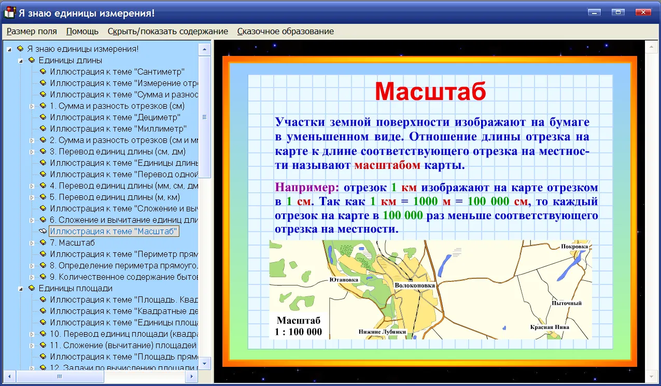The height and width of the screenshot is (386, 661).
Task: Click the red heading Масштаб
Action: click(x=430, y=91)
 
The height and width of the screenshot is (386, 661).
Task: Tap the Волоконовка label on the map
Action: click(x=415, y=285)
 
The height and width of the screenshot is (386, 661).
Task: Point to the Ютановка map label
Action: click(x=344, y=280)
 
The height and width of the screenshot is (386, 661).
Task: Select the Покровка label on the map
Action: click(x=574, y=247)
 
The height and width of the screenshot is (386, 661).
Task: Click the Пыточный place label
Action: click(x=567, y=303)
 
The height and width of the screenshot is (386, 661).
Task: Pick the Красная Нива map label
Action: click(x=550, y=327)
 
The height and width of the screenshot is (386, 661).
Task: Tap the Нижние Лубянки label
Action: click(x=382, y=332)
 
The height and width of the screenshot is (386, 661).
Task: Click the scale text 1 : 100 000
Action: click(x=298, y=332)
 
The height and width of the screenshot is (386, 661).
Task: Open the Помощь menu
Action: click(x=82, y=31)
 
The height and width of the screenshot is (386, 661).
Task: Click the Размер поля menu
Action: click(x=32, y=31)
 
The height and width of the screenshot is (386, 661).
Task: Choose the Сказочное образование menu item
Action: click(x=285, y=31)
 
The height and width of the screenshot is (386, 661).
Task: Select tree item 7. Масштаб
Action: click(x=72, y=242)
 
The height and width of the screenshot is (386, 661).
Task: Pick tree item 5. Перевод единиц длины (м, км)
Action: click(x=115, y=197)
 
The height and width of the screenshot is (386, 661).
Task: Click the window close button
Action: click(x=643, y=12)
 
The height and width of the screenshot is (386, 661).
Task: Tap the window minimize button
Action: click(x=594, y=12)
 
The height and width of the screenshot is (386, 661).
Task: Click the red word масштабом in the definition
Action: click(x=387, y=165)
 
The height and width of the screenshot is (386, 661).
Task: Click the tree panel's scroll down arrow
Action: click(x=204, y=363)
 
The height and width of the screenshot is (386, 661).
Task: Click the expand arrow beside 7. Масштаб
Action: click(x=32, y=243)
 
